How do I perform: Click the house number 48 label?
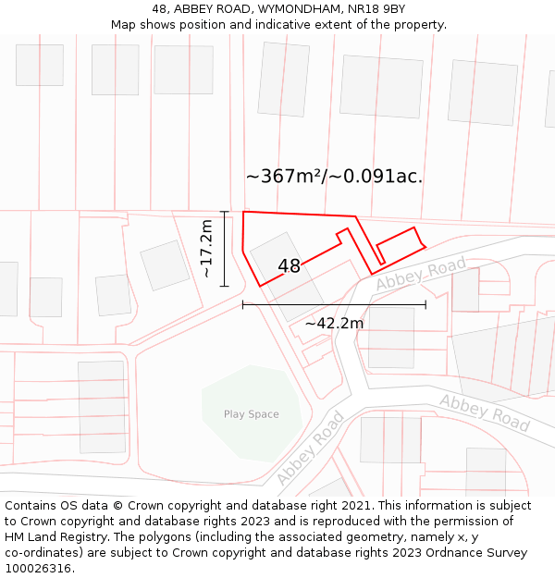(x=289, y=266)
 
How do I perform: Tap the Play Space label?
(x=251, y=414)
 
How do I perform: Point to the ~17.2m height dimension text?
(x=206, y=248)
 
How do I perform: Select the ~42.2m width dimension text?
(x=334, y=324)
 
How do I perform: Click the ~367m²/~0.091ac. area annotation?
(x=334, y=177)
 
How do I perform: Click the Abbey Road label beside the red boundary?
(x=421, y=274)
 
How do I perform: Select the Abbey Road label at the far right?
(x=485, y=412)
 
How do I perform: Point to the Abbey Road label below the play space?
(x=310, y=449)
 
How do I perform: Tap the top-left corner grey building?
(x=40, y=65)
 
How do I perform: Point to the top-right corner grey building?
(x=483, y=92)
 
